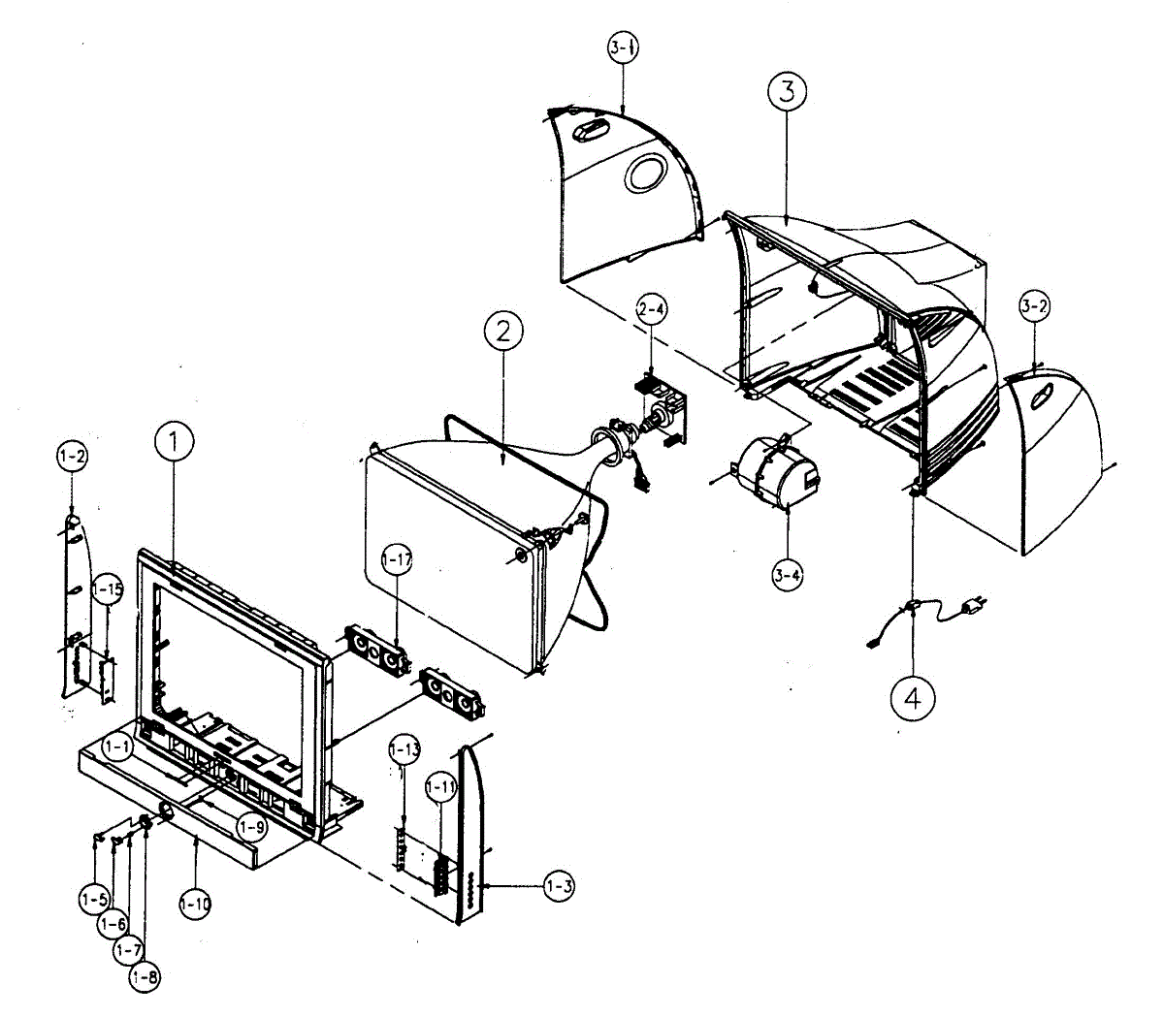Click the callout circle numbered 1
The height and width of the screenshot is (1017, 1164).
174,444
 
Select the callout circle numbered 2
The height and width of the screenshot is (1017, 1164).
502,332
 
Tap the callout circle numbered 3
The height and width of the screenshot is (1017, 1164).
787,91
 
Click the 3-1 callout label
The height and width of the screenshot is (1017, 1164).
623,48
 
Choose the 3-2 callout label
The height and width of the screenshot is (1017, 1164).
1035,307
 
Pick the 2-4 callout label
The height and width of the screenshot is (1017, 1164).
652,310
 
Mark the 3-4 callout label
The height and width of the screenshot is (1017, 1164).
788,575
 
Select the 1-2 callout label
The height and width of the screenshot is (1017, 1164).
72,455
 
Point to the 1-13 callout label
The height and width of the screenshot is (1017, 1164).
404,749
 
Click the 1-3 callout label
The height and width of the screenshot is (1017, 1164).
558,885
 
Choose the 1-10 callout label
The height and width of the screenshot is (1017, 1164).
194,904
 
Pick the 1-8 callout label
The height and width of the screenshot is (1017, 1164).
145,976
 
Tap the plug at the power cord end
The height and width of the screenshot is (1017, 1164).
971,608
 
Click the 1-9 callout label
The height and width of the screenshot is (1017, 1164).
252,827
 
